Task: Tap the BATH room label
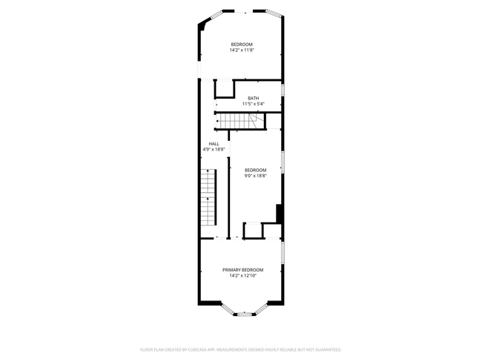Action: pyautogui.click(x=254, y=99)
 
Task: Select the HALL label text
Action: pyautogui.click(x=214, y=144)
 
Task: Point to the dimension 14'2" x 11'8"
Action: pyautogui.click(x=242, y=50)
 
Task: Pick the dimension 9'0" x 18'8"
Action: pyautogui.click(x=255, y=176)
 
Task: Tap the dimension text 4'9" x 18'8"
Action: pyautogui.click(x=214, y=149)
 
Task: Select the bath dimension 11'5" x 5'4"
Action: pyautogui.click(x=254, y=104)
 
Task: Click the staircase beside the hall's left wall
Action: pyautogui.click(x=208, y=199)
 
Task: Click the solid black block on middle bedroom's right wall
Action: pyautogui.click(x=279, y=213)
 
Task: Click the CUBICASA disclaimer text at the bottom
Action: pyautogui.click(x=241, y=349)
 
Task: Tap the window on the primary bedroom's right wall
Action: pyautogui.click(x=283, y=252)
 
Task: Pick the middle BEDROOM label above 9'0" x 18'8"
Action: pyautogui.click(x=255, y=170)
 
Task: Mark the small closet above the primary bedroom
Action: pyautogui.click(x=254, y=230)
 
